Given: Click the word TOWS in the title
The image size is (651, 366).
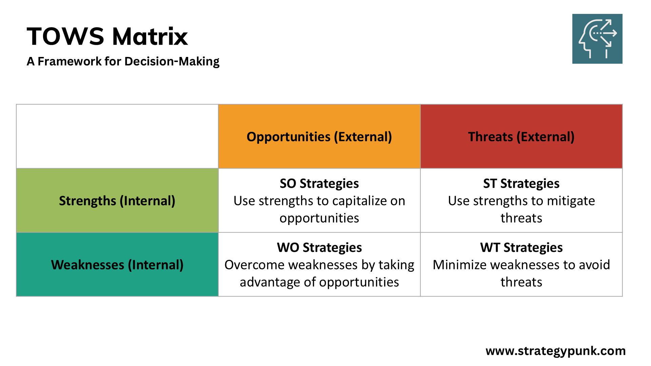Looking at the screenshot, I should (65, 37).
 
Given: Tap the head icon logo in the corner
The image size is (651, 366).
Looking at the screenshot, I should (597, 39).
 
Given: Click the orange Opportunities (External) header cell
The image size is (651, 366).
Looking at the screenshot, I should (319, 137).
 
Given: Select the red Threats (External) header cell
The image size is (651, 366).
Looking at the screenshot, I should (521, 137).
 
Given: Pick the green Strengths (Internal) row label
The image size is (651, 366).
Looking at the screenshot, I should (117, 201).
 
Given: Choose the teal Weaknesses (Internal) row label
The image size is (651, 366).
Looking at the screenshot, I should (117, 265).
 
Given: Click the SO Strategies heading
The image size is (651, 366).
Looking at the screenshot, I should (319, 183).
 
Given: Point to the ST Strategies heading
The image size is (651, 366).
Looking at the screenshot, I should (521, 183).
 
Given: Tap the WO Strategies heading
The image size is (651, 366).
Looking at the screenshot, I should (319, 247).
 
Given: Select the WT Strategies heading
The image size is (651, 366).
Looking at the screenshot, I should (521, 247).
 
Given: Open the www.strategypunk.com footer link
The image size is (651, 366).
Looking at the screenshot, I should (555, 351).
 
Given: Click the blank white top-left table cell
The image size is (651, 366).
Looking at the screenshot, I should (117, 136).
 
